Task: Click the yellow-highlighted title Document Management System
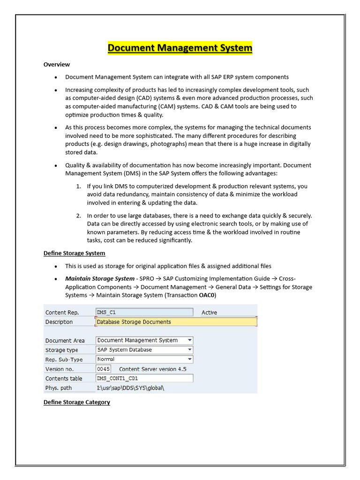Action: click(x=180, y=48)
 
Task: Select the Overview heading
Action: click(x=57, y=64)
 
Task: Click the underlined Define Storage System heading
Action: click(x=74, y=253)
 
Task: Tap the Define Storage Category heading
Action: click(x=77, y=402)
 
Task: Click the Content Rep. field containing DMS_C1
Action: click(x=144, y=312)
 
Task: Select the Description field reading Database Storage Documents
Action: click(x=176, y=322)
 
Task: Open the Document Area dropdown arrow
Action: click(x=189, y=340)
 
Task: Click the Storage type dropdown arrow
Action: click(x=189, y=350)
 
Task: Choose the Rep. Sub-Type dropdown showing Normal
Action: click(x=144, y=360)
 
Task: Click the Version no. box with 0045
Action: click(x=103, y=369)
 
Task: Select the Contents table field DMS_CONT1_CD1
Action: click(x=144, y=378)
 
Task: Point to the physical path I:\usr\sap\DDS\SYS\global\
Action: click(x=131, y=388)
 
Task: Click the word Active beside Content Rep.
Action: click(x=209, y=313)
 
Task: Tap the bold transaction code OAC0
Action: click(x=207, y=295)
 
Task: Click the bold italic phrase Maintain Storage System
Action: click(x=99, y=279)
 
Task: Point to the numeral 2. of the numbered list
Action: click(x=79, y=216)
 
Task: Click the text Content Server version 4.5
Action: click(x=152, y=369)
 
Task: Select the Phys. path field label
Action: click(x=59, y=388)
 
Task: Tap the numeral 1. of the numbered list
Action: click(x=79, y=187)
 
